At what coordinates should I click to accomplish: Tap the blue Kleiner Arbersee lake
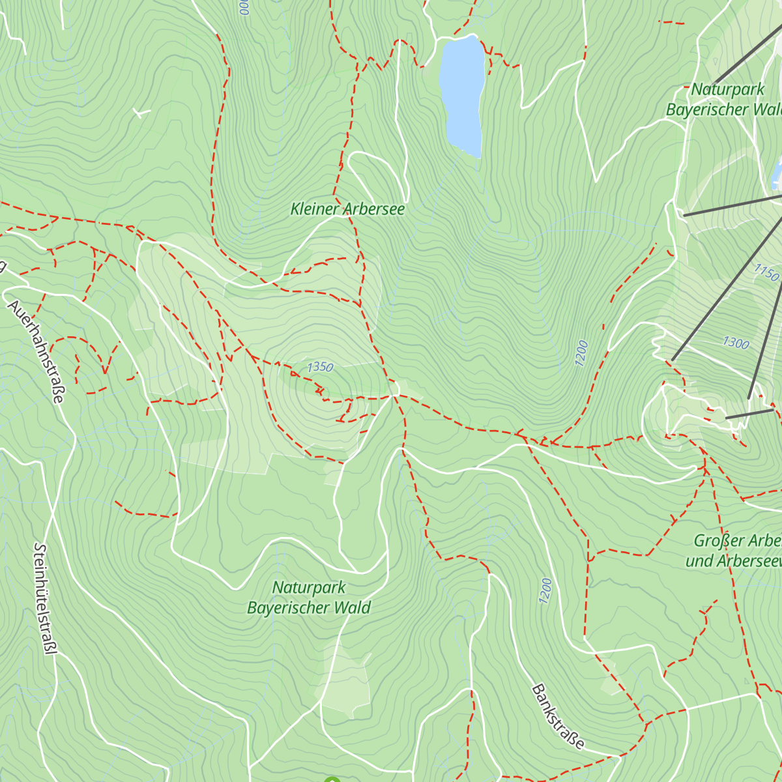click(x=462, y=91)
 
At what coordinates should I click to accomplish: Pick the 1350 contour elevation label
click(x=320, y=368)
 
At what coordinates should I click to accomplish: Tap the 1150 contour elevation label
click(x=766, y=272)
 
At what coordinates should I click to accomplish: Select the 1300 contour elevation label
click(x=736, y=342)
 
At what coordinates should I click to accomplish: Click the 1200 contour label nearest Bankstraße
click(x=546, y=590)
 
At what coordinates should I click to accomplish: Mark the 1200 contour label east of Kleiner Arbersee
click(x=582, y=353)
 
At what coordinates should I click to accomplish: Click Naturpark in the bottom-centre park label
click(x=309, y=587)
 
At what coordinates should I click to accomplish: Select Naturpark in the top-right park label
click(x=728, y=89)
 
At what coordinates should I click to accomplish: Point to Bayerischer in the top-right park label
click(x=707, y=109)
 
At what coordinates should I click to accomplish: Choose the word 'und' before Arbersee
click(x=698, y=561)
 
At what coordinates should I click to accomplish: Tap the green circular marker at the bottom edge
click(x=332, y=779)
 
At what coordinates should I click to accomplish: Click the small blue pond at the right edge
click(x=777, y=171)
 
